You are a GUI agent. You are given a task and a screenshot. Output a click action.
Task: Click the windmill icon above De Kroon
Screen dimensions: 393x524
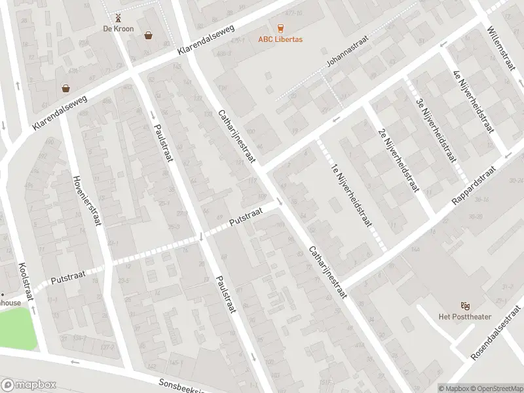pos(118,18)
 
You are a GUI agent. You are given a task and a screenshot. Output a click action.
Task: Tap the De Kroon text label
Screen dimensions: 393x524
pos(118,29)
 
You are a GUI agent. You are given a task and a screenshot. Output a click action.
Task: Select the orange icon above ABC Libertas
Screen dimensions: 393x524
pos(280,28)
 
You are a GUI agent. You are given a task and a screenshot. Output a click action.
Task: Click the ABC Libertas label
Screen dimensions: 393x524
pos(280,39)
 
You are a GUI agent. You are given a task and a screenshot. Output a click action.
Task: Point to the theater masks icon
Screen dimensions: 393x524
pos(465,305)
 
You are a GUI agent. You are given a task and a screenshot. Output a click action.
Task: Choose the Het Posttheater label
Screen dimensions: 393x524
pos(465,317)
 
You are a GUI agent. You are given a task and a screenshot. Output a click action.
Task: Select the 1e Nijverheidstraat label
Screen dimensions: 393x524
pos(352,195)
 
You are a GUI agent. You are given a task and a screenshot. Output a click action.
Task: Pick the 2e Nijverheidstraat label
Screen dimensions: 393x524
pos(398,159)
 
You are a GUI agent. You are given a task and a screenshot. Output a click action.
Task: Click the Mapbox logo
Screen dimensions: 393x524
pos(28,385)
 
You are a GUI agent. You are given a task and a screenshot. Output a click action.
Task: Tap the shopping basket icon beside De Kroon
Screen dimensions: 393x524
pos(149,35)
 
